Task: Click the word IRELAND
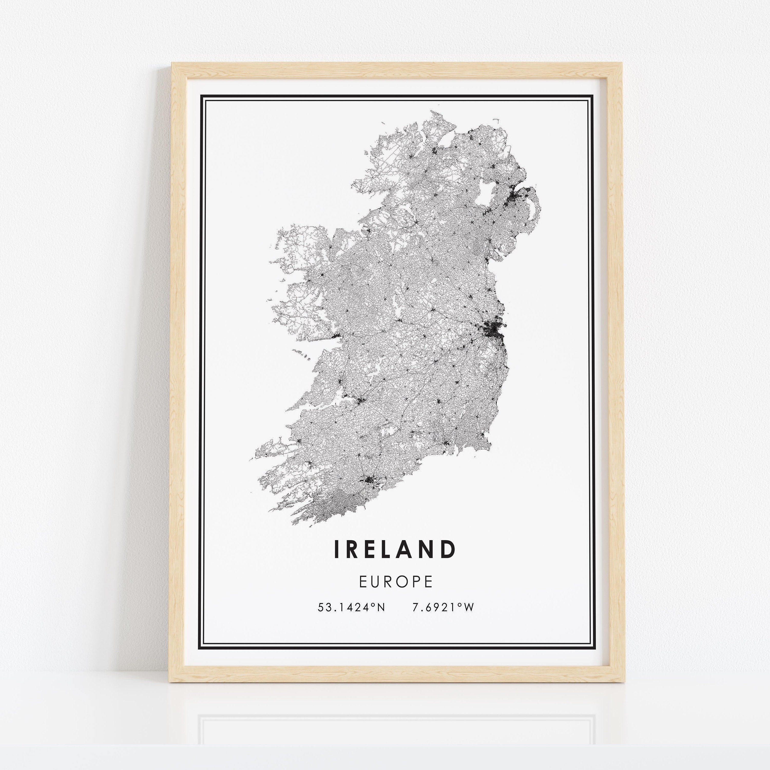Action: (x=394, y=549)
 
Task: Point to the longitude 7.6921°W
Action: (x=442, y=607)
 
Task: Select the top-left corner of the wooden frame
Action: (x=172, y=63)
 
